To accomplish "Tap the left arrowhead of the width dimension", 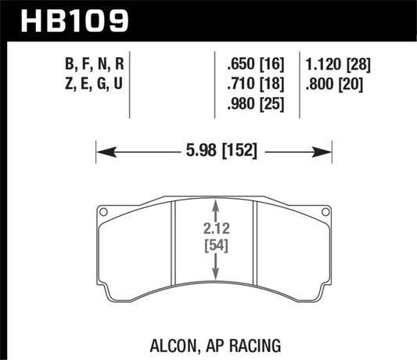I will pos(99,149).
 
